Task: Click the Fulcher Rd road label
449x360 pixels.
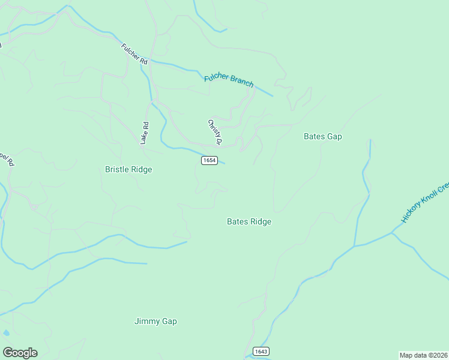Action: [x=134, y=53]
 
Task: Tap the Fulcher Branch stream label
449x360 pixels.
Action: [x=229, y=80]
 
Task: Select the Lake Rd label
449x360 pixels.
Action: [x=144, y=133]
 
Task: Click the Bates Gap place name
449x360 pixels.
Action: [x=322, y=136]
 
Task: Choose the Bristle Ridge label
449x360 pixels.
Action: [x=128, y=170]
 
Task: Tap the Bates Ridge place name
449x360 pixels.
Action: [x=249, y=221]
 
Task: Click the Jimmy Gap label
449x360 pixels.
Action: [x=155, y=322]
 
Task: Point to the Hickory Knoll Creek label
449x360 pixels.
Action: [x=425, y=203]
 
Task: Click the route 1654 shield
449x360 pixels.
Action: [x=209, y=161]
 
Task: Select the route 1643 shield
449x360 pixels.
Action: [x=261, y=351]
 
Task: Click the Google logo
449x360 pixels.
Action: [x=20, y=353]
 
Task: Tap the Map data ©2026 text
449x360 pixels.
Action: [x=424, y=355]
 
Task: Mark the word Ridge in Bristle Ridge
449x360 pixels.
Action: [x=140, y=170]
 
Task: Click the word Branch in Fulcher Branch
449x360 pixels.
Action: [x=241, y=83]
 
